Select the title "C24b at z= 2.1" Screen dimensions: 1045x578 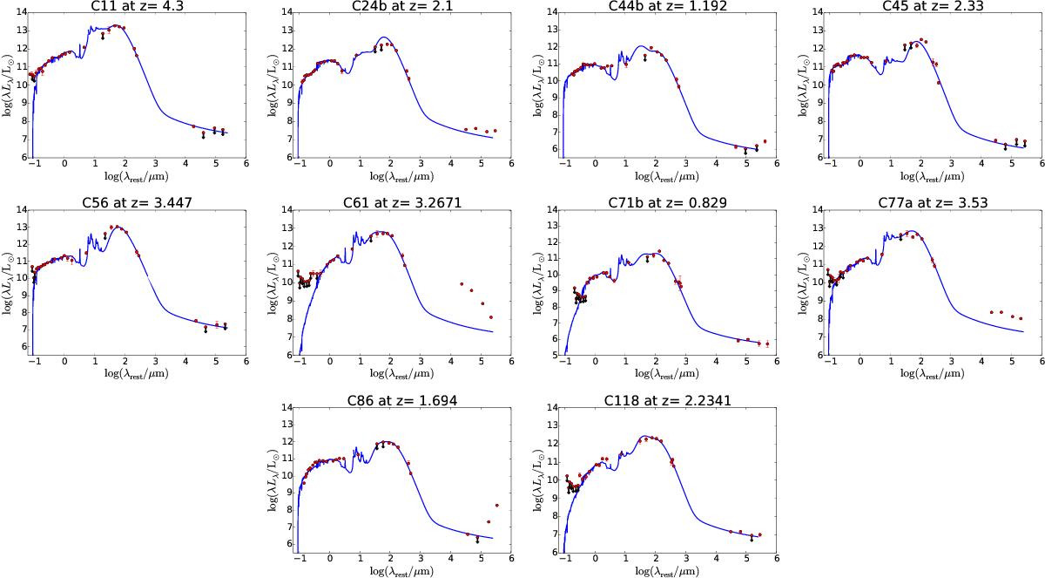(x=402, y=5)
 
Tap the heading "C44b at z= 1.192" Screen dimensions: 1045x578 (x=668, y=5)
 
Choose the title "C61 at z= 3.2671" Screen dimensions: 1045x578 (x=402, y=203)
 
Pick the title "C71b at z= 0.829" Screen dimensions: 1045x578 (x=668, y=203)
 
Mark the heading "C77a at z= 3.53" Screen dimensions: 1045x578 (x=933, y=203)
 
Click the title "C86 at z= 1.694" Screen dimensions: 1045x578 (x=402, y=400)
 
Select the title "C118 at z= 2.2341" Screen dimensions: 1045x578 (x=668, y=400)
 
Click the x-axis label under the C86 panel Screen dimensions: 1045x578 (x=402, y=571)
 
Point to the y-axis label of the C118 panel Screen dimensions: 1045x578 (x=540, y=480)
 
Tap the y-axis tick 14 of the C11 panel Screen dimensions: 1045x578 (x=21, y=12)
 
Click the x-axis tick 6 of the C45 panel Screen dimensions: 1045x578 (x=1042, y=164)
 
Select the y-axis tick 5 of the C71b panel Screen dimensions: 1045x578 (x=554, y=356)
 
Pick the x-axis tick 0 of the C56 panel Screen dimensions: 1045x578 (x=64, y=362)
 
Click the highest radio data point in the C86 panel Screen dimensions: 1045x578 (x=497, y=505)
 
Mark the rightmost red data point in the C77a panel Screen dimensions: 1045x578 (x=1021, y=318)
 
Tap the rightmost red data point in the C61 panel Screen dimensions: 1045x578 (x=491, y=317)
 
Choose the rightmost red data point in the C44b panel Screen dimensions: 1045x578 (x=765, y=141)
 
